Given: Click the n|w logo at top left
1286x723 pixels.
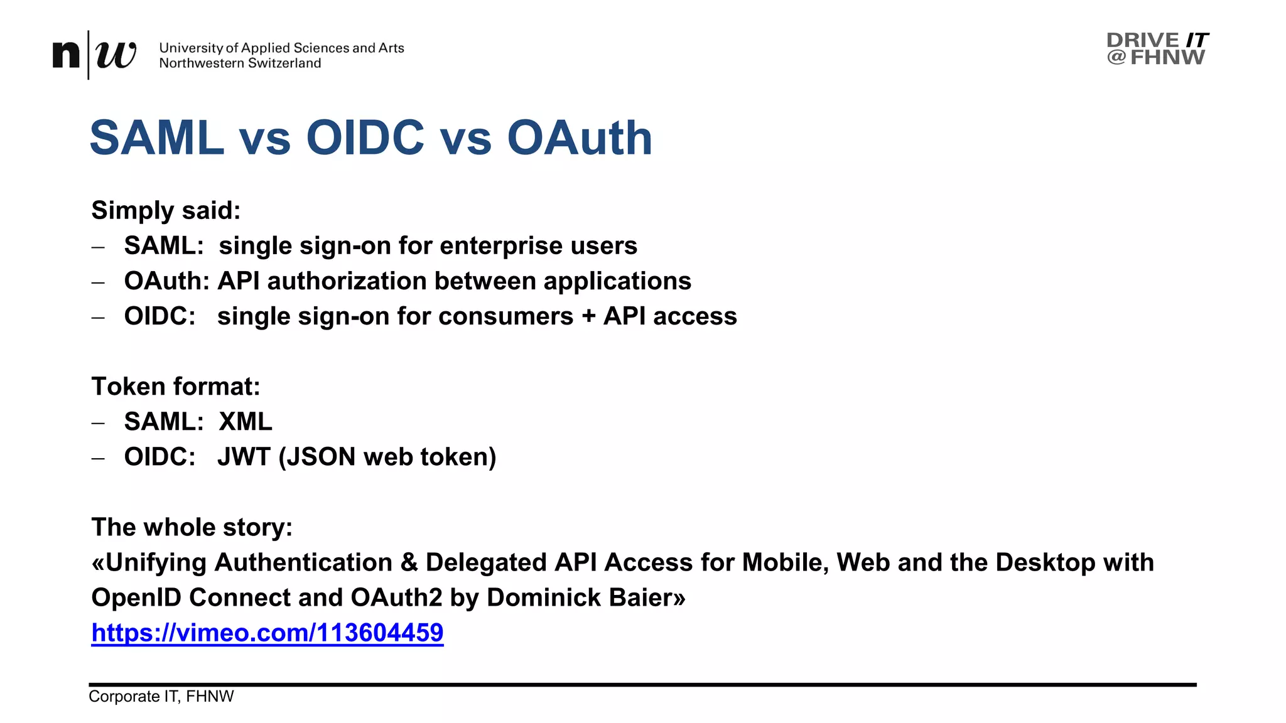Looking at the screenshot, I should click(94, 55).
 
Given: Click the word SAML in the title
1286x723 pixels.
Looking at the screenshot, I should click(157, 138).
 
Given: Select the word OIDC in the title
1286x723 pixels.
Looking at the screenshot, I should click(365, 138).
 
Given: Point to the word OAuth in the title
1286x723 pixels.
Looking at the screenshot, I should click(579, 138).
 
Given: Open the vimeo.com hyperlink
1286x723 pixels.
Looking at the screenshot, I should click(267, 633).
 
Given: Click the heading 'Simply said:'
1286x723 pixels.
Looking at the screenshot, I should click(166, 210).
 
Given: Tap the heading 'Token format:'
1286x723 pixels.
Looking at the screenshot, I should click(175, 387).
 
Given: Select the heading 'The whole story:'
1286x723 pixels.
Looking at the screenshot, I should click(192, 527).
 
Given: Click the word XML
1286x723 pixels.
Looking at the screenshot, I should click(246, 422).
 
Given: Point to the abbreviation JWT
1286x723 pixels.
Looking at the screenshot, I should click(244, 457).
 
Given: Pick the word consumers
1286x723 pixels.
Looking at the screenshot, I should click(506, 316).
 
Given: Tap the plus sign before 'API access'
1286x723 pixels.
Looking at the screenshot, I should click(588, 316).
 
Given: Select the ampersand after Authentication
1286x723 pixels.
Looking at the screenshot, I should click(409, 562).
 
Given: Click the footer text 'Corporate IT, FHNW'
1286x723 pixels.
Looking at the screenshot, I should click(161, 697).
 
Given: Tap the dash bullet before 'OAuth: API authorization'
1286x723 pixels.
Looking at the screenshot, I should click(98, 282).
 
